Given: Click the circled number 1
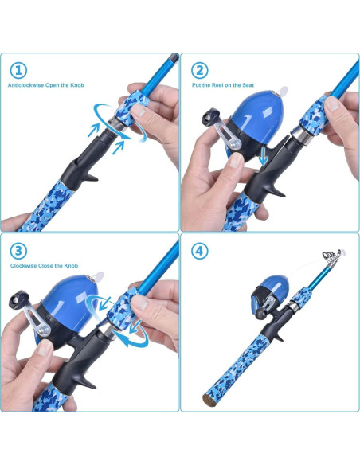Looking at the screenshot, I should (x=18, y=71).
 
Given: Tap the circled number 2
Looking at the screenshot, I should (x=199, y=71).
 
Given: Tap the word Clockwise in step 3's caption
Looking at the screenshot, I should (x=24, y=264).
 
